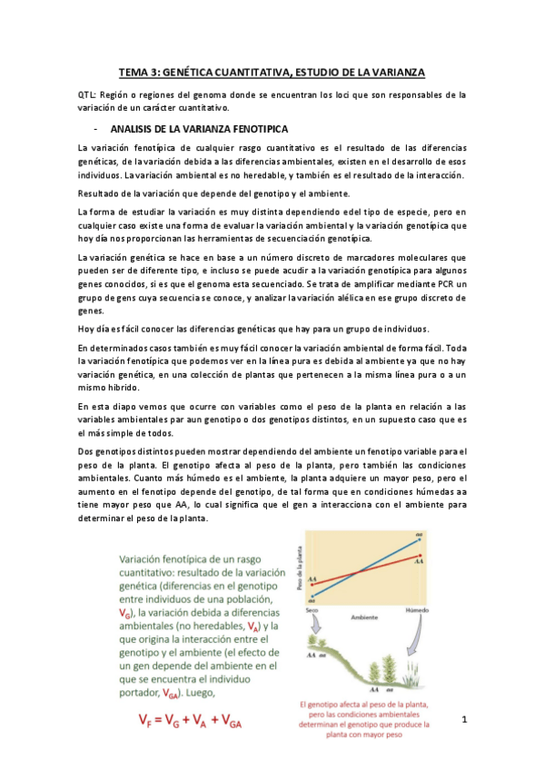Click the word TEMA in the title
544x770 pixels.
click(136, 72)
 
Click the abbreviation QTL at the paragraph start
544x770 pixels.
click(89, 94)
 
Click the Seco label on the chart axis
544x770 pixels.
click(312, 609)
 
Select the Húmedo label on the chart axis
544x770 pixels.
click(417, 609)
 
